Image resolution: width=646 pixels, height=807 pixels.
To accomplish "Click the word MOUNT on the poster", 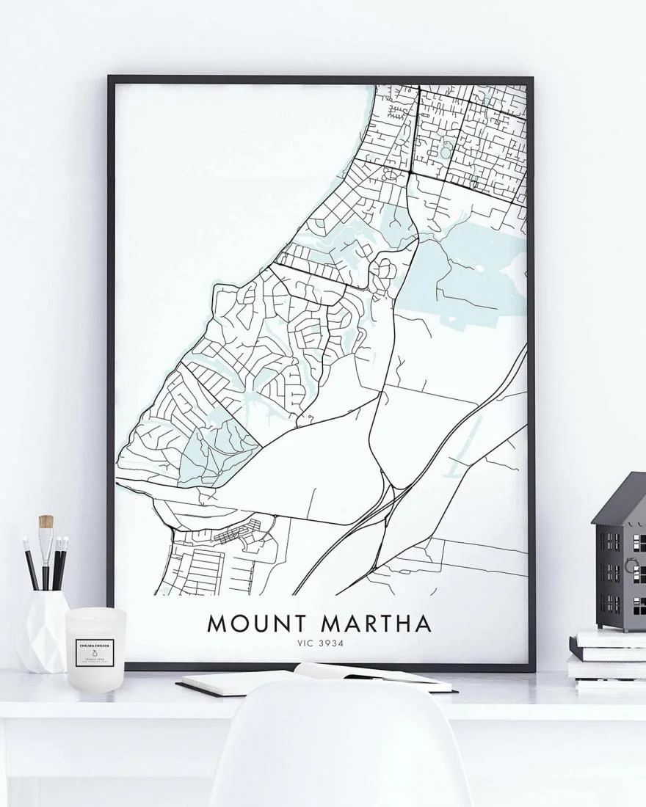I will (258, 624).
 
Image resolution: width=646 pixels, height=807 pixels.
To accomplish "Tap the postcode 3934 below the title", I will (331, 643).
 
